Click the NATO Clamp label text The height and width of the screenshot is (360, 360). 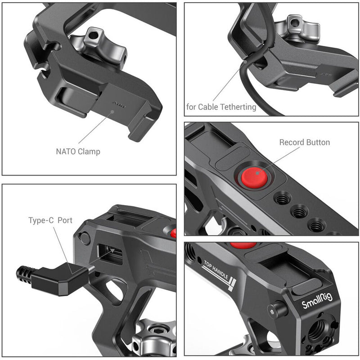click(x=78, y=152)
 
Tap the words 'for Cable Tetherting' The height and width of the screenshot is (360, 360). click(x=221, y=107)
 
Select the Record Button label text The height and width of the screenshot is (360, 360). click(x=305, y=143)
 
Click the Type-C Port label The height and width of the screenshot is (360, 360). click(x=50, y=221)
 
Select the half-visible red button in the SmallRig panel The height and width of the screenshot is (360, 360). click(x=243, y=245)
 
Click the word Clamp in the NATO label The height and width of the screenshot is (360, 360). click(x=89, y=152)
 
